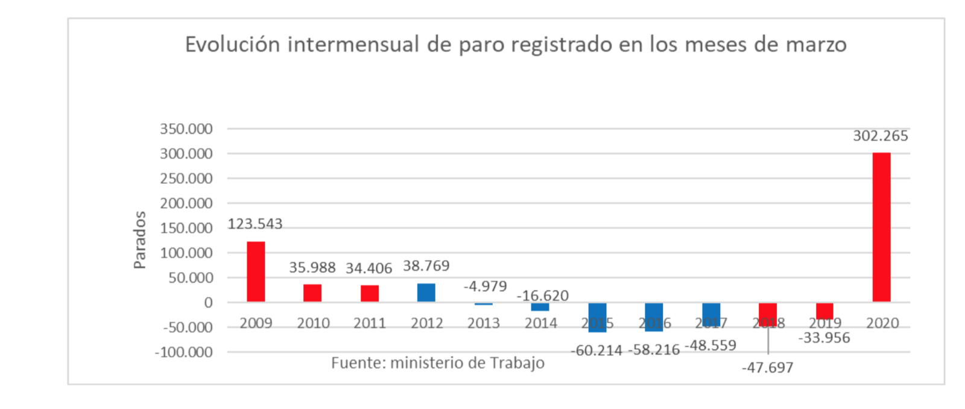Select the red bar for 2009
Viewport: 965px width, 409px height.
coord(256,271)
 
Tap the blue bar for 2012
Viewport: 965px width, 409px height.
coord(426,293)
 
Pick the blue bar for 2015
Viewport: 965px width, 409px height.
coord(597,317)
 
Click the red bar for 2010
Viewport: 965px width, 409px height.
coord(312,293)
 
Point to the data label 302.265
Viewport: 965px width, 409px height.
coord(880,136)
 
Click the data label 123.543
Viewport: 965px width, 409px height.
coord(255,224)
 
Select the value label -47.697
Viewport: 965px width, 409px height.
coord(767,367)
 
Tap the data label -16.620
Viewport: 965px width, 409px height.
coord(542,296)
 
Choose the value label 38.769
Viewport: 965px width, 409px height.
coord(426,266)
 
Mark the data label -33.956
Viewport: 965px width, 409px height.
coord(824,338)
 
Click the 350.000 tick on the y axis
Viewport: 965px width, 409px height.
coord(186,129)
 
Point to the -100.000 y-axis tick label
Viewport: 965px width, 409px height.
coord(183,352)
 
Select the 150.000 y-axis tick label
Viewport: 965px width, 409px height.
coord(186,228)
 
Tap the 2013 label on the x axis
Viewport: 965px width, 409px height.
coord(483,323)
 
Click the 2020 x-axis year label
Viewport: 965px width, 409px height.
coord(882,323)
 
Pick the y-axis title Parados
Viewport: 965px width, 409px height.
coord(140,240)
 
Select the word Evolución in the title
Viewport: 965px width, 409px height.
coord(232,45)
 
